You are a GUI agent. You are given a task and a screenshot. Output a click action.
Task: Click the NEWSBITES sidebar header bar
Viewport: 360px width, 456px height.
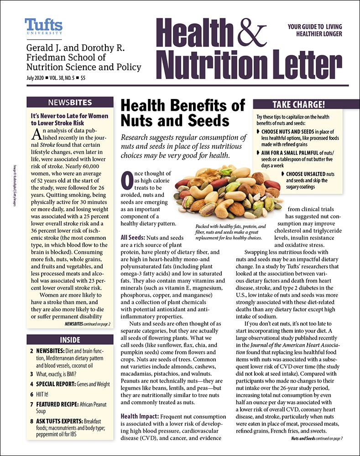pyautogui.click(x=70, y=103)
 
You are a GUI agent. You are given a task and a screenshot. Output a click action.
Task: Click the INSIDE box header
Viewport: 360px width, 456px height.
pyautogui.click(x=70, y=340)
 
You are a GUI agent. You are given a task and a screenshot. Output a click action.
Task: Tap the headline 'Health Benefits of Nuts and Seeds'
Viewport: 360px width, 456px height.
pyautogui.click(x=183, y=113)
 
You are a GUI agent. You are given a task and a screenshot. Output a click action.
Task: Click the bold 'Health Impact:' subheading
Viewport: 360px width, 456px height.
pyautogui.click(x=140, y=416)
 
